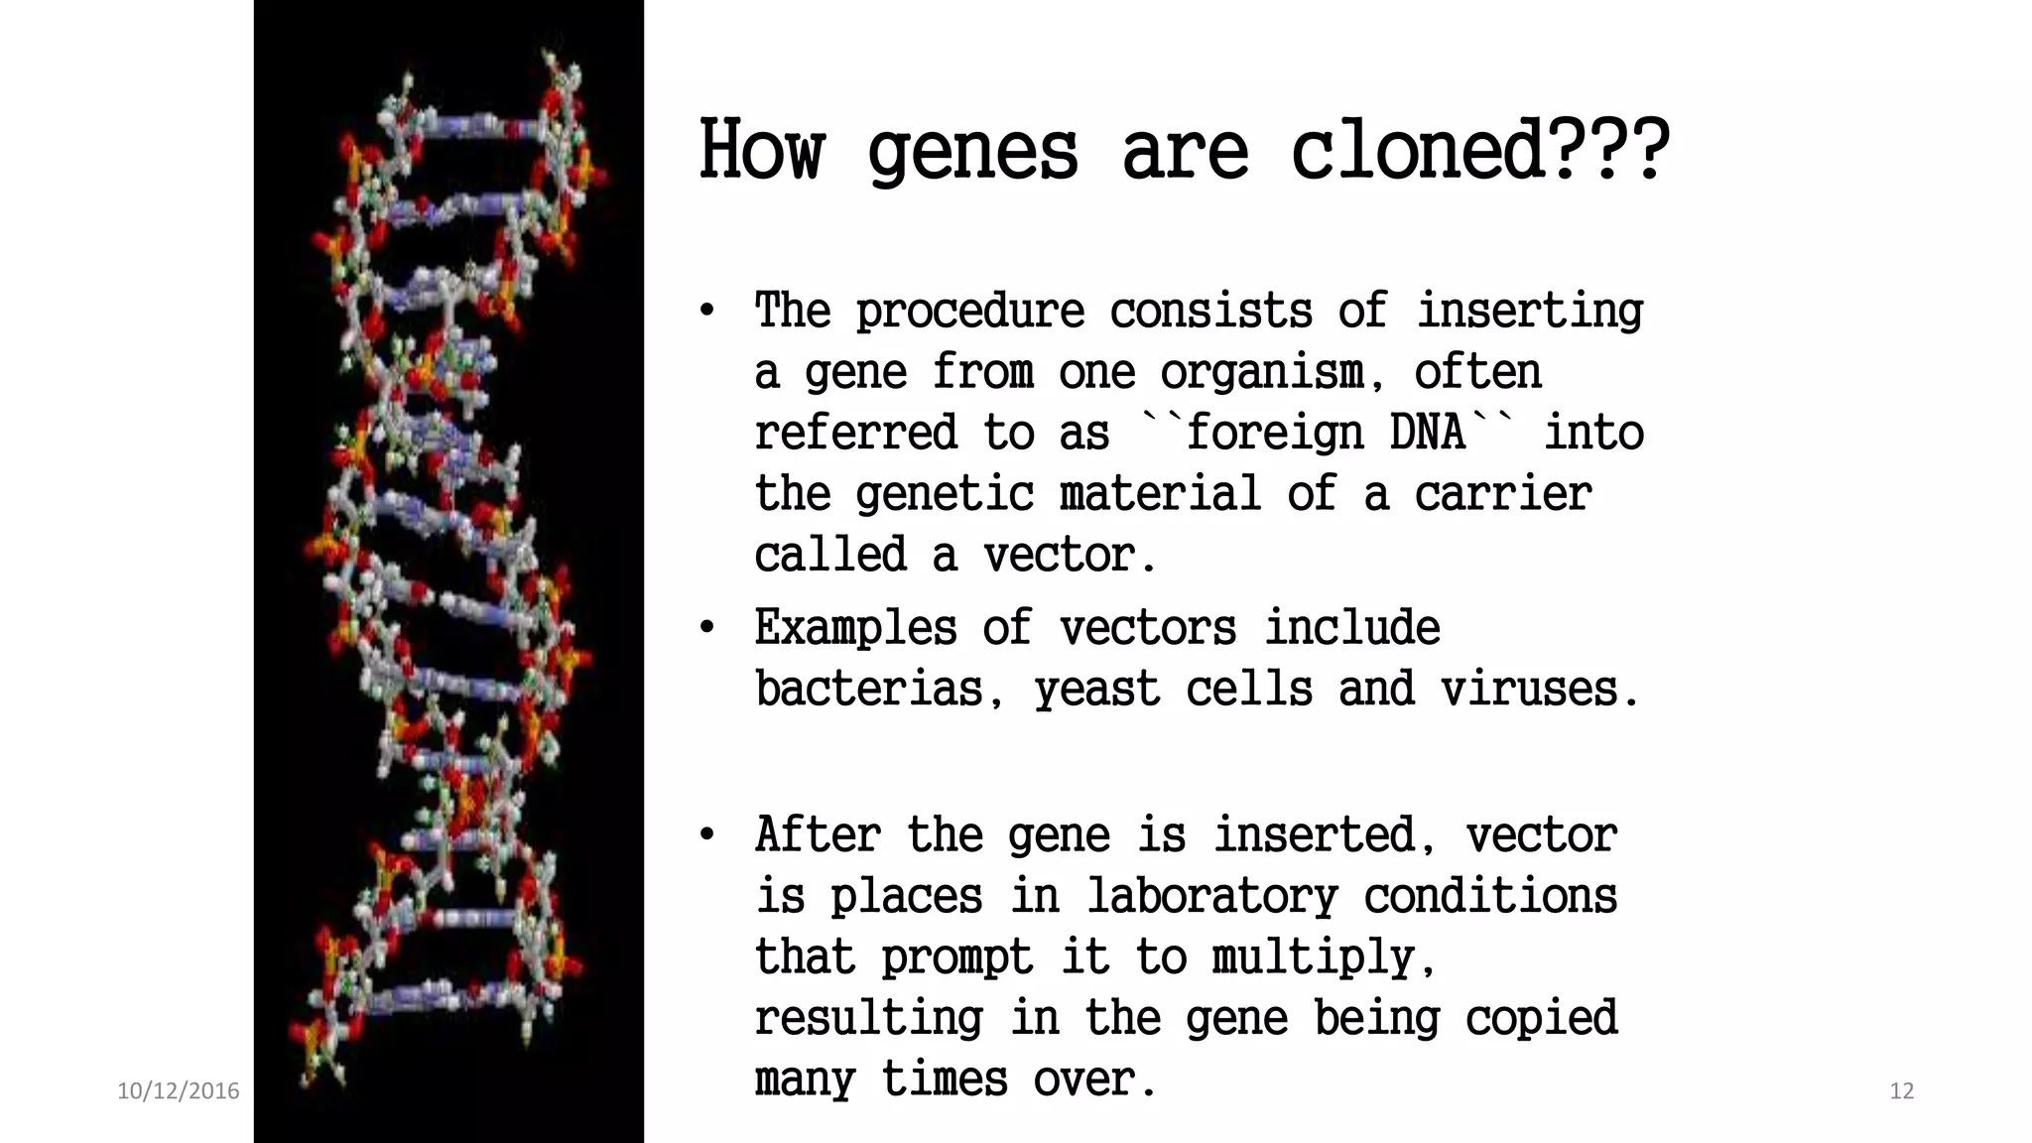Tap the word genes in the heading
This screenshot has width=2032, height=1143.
pos(971,152)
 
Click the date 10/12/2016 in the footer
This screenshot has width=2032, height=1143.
pos(179,1091)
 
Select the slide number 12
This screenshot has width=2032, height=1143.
pos(1901,1091)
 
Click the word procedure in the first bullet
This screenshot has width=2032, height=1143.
pos(969,313)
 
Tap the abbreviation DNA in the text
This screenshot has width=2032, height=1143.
pos(1428,434)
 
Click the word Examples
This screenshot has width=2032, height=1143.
pos(855,628)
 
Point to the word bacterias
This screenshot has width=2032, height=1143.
pos(869,690)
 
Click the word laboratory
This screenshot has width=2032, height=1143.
pos(1211,897)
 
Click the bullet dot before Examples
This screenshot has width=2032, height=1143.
pos(706,628)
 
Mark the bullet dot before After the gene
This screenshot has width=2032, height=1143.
pos(706,834)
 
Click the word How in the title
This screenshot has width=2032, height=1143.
pos(761,152)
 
